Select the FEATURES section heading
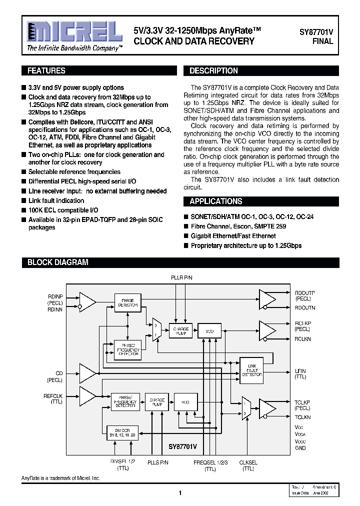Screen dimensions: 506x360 pos(46,71)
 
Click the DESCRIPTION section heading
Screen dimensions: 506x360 pos(213,71)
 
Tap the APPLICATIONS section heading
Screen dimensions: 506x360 pos(215,201)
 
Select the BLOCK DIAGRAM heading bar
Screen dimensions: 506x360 pos(57,262)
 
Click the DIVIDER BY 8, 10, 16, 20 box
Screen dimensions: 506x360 pos(122,432)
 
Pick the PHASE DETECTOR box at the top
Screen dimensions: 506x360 pos(127,302)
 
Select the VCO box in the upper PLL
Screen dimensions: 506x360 pos(209,330)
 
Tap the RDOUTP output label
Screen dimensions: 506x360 pos(305,292)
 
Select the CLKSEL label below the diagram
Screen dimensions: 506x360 pos(248,463)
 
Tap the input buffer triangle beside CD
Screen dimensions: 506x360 pos(88,372)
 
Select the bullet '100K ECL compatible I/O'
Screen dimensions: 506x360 pos(63,210)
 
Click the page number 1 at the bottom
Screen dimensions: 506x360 pos(180,493)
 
